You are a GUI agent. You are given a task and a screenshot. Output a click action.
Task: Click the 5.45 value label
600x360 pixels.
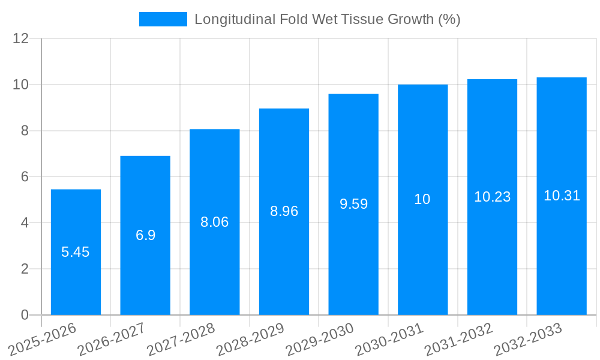(76, 252)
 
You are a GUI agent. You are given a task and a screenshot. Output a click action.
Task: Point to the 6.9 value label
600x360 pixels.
(145, 235)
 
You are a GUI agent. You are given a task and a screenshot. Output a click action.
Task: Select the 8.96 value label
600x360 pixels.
(284, 211)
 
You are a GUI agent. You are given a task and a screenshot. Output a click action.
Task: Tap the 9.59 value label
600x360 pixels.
(353, 204)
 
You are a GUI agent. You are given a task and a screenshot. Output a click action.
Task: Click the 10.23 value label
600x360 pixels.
(492, 197)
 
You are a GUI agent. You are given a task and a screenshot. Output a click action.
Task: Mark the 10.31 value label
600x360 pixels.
(562, 196)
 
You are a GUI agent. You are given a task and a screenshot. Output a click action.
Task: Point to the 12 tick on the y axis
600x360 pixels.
(20, 38)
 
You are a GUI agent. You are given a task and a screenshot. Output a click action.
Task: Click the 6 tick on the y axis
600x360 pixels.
(25, 177)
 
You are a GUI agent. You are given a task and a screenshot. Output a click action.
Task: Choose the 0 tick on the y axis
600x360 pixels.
(25, 315)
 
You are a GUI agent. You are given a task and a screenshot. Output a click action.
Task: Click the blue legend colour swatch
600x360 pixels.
(163, 19)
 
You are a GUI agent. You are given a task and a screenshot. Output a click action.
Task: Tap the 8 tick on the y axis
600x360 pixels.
(25, 131)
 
